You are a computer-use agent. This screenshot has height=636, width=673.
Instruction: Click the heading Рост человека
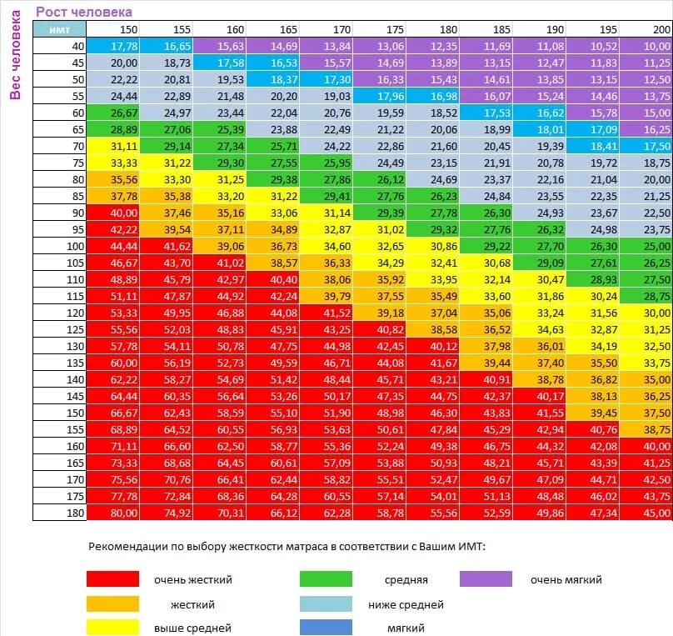point(83,12)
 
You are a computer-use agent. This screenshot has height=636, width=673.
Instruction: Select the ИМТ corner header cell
point(60,29)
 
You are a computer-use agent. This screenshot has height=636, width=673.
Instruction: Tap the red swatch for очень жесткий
point(112,579)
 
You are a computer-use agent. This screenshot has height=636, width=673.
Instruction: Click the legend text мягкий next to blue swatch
point(406,628)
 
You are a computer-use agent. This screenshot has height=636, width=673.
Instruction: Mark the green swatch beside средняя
point(327,579)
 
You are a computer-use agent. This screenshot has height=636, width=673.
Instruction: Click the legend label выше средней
point(192,628)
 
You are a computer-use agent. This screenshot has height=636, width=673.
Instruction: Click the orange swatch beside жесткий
point(112,604)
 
